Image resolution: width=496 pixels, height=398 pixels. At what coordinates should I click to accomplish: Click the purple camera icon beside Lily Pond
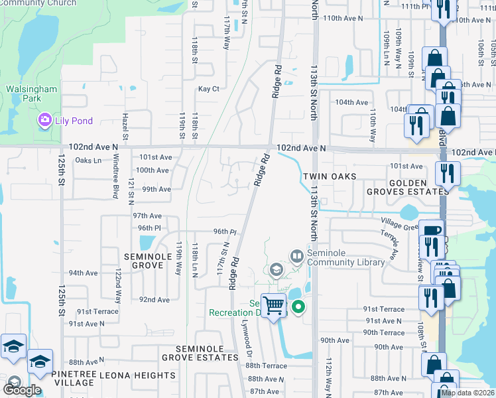coord(44,121)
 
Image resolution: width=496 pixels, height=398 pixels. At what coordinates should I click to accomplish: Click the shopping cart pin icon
coord(273,306)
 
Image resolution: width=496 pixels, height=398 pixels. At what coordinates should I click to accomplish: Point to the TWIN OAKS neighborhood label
coord(330,177)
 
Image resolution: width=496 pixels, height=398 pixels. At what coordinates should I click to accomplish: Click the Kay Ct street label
coord(208,88)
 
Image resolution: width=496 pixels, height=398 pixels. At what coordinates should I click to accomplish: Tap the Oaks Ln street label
coord(88,161)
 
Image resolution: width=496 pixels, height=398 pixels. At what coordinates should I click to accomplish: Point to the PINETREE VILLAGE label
coord(73,379)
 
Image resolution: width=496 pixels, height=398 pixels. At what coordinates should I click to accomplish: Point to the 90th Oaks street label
coord(335,340)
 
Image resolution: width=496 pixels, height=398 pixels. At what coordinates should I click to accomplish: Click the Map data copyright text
coord(467,393)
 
